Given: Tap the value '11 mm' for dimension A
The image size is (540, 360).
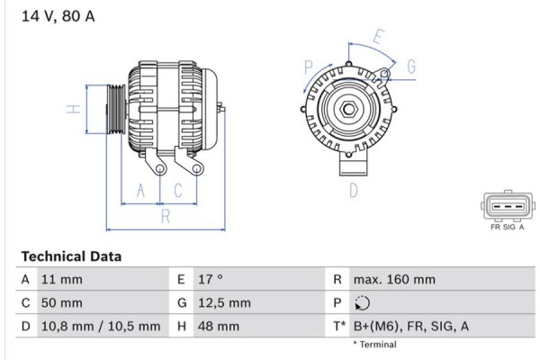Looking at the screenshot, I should (63, 280).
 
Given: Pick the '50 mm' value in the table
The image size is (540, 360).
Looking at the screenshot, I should (63, 303).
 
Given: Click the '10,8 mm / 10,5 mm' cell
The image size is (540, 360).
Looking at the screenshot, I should (101, 327).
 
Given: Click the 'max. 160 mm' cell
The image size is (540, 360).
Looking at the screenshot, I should (395, 280).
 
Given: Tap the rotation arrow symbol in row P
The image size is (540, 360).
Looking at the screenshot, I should (363, 303).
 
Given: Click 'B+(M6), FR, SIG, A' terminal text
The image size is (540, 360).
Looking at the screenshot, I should (412, 327).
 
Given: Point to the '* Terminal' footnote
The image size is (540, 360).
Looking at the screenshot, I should (374, 345).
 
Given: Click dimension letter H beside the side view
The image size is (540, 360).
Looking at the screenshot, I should (76, 110).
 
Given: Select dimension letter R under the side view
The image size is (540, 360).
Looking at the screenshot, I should (165, 216).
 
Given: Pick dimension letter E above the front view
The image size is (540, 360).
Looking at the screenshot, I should (379, 38).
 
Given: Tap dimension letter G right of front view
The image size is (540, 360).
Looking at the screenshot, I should (410, 66).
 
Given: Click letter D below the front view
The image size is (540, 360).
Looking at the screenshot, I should (354, 189).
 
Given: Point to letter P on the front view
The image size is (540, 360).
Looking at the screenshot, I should (309, 67).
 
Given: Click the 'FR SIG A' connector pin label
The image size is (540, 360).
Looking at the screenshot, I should (508, 229).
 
